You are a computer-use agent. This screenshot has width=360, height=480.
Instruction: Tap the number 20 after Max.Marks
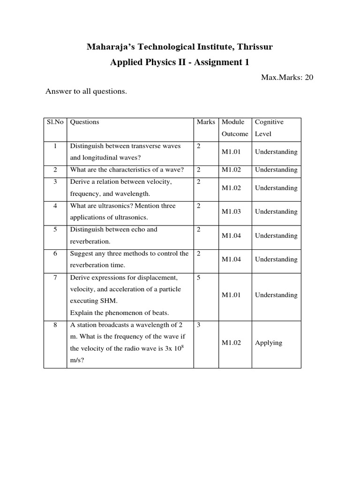[308, 77]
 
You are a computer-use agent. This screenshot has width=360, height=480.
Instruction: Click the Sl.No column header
[55, 122]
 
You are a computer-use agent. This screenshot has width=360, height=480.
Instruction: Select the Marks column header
[206, 122]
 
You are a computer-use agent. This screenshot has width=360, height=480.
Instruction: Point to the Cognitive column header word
[269, 122]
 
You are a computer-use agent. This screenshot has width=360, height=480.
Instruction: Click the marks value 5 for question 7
[199, 277]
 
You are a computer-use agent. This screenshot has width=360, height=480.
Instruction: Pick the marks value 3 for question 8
[199, 324]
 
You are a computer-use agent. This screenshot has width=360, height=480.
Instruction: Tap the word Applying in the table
[269, 343]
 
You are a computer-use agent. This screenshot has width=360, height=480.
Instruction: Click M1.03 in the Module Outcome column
[231, 211]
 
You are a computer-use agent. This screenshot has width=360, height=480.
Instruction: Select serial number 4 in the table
[55, 206]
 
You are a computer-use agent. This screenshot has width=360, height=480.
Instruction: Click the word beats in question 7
[159, 313]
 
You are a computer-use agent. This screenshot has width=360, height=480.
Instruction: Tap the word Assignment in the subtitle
[217, 62]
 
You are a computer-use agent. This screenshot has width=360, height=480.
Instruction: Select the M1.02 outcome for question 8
[231, 343]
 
